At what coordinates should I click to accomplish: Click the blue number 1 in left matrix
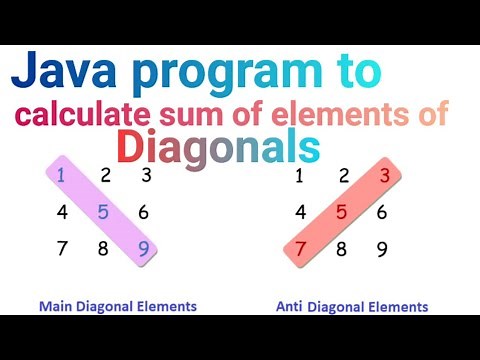[x=61, y=177]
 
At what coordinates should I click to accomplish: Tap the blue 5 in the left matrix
[x=103, y=211]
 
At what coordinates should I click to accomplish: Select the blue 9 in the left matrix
[x=144, y=247]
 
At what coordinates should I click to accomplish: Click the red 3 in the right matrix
[x=383, y=177]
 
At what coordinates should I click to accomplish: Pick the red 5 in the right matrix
[x=341, y=211]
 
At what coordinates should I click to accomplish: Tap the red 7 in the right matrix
[x=299, y=247]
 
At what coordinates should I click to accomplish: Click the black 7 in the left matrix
[x=61, y=247]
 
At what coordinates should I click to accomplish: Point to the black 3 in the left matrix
[x=145, y=177]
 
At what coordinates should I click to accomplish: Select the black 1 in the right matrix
[x=299, y=177]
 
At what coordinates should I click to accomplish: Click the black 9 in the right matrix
[x=383, y=247]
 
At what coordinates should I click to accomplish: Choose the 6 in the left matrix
[x=144, y=211]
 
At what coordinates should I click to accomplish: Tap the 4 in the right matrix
[x=299, y=211]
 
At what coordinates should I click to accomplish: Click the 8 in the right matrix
[x=341, y=247]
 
